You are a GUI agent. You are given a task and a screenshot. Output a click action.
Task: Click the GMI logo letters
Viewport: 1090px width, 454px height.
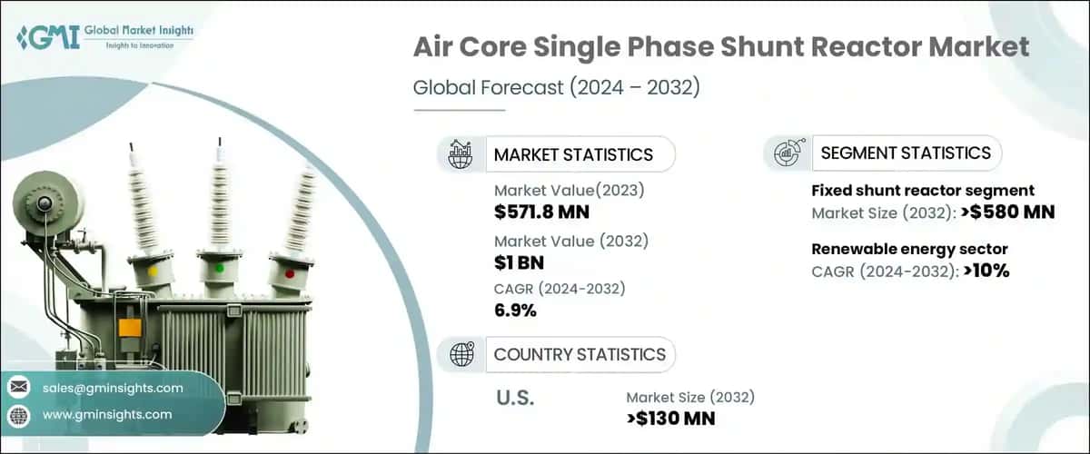[49, 37]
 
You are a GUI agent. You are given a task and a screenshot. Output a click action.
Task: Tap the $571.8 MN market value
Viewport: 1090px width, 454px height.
[541, 212]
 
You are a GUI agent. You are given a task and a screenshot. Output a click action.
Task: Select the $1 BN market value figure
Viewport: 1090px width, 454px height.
[519, 262]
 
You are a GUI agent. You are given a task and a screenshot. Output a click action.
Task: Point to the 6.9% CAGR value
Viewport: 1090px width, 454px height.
[515, 310]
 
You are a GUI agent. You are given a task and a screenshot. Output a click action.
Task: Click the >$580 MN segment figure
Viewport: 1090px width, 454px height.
[1008, 212]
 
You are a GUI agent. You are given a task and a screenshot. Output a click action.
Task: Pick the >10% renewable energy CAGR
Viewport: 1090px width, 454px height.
[986, 271]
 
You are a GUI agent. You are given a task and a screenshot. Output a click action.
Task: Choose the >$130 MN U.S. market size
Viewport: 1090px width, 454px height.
[671, 419]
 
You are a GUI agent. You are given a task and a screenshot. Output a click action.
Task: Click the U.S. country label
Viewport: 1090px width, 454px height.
[515, 398]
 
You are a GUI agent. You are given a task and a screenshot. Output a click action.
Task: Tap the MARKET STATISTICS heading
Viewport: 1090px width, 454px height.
[573, 154]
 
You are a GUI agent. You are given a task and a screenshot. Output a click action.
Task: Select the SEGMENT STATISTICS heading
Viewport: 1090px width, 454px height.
[906, 153]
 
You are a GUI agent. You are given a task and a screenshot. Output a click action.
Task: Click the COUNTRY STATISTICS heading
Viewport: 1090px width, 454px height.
[580, 355]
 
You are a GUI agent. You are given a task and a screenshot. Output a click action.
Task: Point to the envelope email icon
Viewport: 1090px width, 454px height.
[19, 387]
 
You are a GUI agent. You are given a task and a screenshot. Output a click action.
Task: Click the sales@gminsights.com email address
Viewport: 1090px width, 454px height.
[113, 388]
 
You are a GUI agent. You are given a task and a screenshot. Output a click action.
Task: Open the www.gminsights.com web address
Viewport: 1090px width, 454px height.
[107, 415]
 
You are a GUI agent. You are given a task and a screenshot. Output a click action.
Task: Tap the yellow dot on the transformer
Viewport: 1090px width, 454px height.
[153, 271]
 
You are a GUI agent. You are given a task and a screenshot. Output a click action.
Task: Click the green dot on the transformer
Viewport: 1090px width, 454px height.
[220, 268]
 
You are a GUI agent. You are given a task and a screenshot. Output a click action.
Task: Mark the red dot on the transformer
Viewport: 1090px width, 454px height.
[290, 274]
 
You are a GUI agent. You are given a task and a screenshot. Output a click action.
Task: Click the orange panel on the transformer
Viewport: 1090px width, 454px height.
[130, 328]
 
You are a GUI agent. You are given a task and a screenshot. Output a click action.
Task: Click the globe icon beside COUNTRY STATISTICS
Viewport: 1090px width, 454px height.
[461, 354]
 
